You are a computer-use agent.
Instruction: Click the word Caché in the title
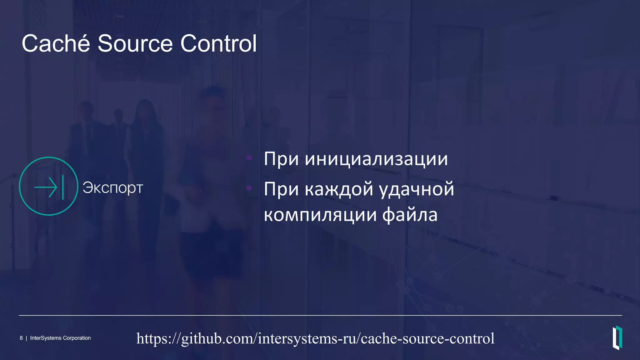[x=56, y=43]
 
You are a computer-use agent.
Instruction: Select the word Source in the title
[x=135, y=43]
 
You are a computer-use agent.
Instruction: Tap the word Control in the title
[x=218, y=43]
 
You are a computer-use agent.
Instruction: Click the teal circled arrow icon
[x=48, y=186]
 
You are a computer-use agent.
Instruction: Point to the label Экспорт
[x=113, y=188]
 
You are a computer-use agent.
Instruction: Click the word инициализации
[x=376, y=159]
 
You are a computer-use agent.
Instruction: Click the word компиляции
[x=320, y=215]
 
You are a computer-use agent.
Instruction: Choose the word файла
[x=410, y=215]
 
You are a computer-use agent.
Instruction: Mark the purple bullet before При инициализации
[x=249, y=158]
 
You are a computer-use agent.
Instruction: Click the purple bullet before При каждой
[x=249, y=188]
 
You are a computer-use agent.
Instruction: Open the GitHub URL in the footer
[x=315, y=338]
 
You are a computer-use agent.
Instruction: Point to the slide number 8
[x=21, y=338]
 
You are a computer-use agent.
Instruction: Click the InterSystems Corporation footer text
[x=60, y=338]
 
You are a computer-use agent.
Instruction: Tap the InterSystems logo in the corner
[x=617, y=337]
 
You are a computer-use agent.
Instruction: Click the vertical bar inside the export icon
[x=63, y=187]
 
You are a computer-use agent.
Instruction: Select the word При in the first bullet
[x=281, y=159]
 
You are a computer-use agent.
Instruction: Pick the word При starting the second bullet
[x=281, y=189]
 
